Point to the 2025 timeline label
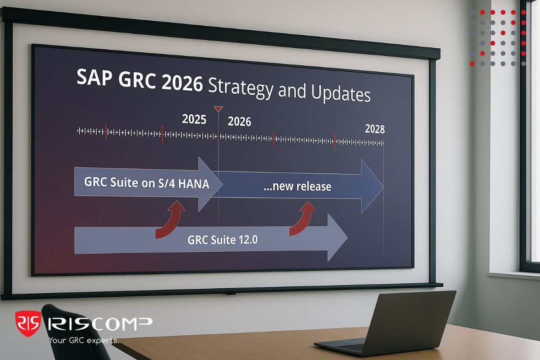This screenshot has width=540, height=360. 194,120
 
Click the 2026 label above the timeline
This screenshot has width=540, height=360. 239,122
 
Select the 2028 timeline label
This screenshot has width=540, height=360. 375,129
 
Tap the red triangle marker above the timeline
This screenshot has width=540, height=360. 218,109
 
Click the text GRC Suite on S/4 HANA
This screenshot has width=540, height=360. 146,183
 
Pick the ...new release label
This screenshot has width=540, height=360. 297,186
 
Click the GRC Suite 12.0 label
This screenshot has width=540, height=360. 222,240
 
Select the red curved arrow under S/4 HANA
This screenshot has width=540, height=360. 170,219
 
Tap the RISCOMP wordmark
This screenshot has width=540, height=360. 99,323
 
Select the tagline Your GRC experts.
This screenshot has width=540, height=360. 84,341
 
